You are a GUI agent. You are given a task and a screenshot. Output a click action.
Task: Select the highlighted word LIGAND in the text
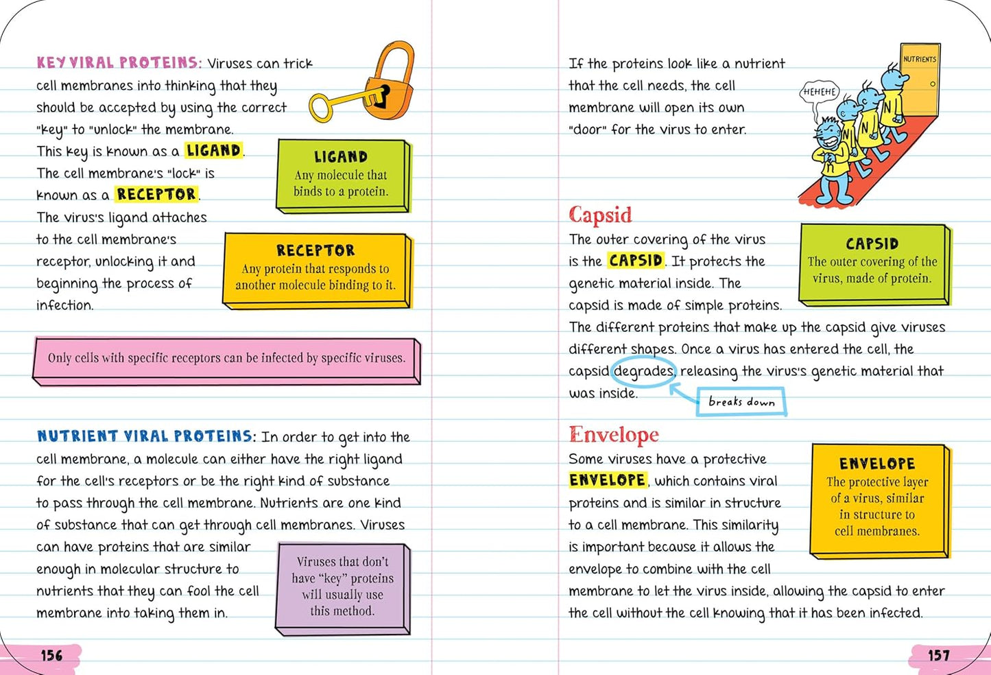pos(213,150)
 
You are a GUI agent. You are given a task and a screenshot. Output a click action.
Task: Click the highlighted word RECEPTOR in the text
pos(156,194)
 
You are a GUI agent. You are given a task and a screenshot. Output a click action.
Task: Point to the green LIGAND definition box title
pos(341,157)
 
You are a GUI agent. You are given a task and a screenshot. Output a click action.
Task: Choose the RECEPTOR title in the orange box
pos(315,250)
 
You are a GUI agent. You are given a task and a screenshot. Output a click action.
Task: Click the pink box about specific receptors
pos(226,359)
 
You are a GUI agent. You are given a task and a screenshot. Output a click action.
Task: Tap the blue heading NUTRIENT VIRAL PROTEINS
pos(145,436)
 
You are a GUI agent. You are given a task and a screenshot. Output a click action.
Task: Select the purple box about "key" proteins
pos(342,587)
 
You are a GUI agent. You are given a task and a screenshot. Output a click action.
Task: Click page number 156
pos(51,656)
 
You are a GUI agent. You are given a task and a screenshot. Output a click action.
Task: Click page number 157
pos(939,656)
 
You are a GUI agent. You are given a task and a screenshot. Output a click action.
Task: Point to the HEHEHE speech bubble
pos(820,92)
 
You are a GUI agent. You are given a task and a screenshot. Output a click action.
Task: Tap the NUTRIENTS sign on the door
pos(920,60)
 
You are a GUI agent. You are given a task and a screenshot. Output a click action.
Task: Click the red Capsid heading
pos(600,215)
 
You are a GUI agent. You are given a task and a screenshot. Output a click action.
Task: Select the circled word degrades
pos(643,371)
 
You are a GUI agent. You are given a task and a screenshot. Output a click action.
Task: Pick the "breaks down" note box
pos(741,402)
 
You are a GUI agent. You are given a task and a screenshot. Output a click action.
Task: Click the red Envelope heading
pos(614,435)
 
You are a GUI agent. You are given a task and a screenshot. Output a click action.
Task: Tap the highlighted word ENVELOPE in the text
pos(608,480)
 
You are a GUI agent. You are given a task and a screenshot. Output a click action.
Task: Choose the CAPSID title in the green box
pos(872,244)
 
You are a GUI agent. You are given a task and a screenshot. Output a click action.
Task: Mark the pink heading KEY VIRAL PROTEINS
pos(118,63)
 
